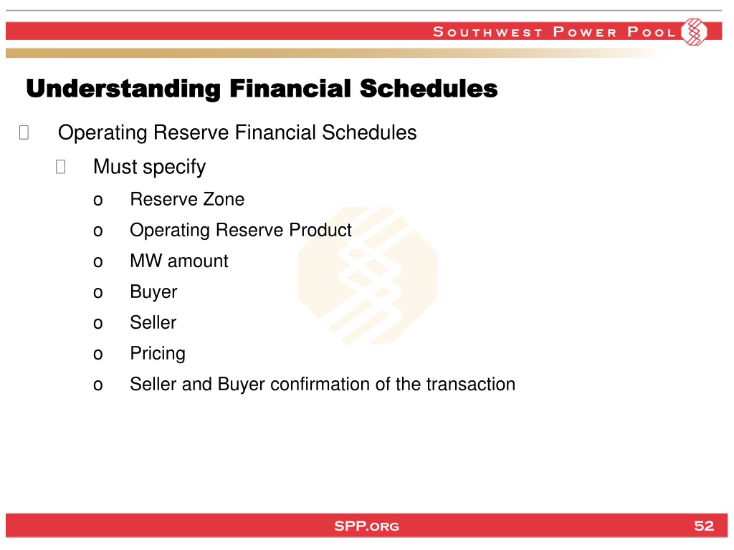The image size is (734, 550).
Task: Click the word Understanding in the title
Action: point(123,89)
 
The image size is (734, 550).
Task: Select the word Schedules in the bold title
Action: point(429,88)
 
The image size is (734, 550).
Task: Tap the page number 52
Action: point(704,526)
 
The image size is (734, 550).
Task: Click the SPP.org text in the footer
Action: point(366,526)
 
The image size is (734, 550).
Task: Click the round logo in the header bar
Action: point(694,32)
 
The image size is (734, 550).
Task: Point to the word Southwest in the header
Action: point(487,32)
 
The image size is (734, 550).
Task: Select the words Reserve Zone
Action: point(187,199)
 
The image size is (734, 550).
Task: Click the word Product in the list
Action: point(320,230)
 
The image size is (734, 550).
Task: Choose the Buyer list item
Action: point(153,292)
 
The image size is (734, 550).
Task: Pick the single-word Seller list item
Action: point(153,323)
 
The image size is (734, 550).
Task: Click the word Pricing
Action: point(158,354)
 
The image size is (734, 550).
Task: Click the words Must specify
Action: point(149,168)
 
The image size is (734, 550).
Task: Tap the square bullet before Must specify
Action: point(60,166)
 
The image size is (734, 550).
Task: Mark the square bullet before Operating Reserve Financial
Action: point(24,132)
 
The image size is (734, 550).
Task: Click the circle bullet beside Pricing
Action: point(97,354)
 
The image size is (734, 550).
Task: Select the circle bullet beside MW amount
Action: point(97,262)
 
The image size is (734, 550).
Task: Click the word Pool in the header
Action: point(651,32)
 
